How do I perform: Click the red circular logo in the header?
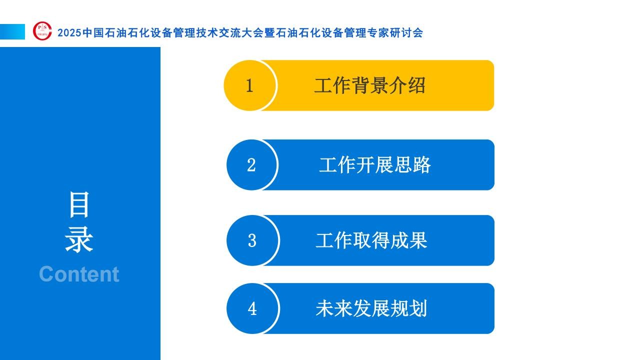pyautogui.click(x=42, y=31)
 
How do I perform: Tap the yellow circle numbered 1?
pyautogui.click(x=250, y=85)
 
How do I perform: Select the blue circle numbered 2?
pyautogui.click(x=252, y=165)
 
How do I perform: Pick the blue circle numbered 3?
pyautogui.click(x=252, y=240)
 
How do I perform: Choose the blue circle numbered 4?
pyautogui.click(x=252, y=308)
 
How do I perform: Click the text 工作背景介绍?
pyautogui.click(x=370, y=85)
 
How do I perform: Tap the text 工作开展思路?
pyautogui.click(x=375, y=165)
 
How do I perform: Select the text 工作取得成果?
pyautogui.click(x=371, y=240)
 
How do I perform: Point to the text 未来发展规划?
pyautogui.click(x=371, y=308)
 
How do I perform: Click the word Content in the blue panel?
pyautogui.click(x=79, y=274)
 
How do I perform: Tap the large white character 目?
pyautogui.click(x=79, y=204)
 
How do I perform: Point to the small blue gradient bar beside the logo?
pyautogui.click(x=12, y=31)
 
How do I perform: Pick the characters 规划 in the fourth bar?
pyautogui.click(x=409, y=308)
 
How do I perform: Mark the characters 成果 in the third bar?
pyautogui.click(x=409, y=240)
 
